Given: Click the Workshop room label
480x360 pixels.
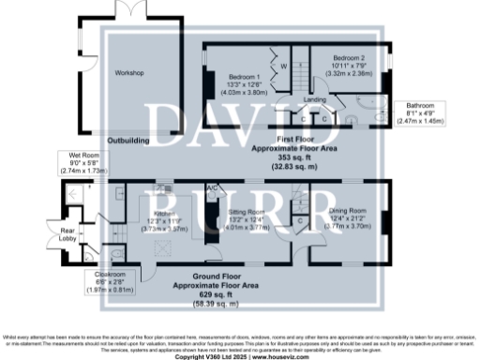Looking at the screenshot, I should [127, 73].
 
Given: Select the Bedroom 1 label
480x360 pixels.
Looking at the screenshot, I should [244, 77].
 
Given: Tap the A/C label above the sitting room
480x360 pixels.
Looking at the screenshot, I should [213, 187].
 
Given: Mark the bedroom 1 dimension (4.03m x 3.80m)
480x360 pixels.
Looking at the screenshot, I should [244, 93].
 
